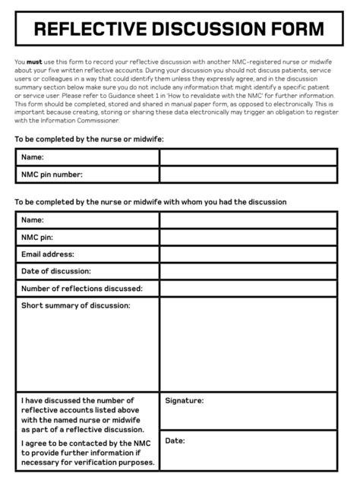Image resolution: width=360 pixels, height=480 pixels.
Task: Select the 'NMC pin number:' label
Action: pos(52,175)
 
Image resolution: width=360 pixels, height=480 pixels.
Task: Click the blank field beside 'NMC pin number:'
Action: pos(248,175)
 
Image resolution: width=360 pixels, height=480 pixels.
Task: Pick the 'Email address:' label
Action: pos(48,254)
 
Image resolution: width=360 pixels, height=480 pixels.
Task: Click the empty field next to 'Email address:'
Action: pos(248,254)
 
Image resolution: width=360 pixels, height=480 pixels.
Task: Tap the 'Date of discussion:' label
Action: pos(56,271)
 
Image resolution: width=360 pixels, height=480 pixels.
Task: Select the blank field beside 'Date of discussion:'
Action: pos(248,271)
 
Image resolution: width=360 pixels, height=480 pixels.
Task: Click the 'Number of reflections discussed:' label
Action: pos(82,289)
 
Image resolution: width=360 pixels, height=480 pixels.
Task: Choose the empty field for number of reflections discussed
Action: pos(248,289)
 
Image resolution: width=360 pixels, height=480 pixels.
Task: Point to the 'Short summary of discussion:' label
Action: pos(76,305)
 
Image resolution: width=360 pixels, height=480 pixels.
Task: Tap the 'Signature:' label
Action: pos(184,400)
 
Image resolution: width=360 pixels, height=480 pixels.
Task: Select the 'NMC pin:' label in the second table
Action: pos(37,237)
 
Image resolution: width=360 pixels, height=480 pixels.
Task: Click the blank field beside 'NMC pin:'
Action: pos(248,237)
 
